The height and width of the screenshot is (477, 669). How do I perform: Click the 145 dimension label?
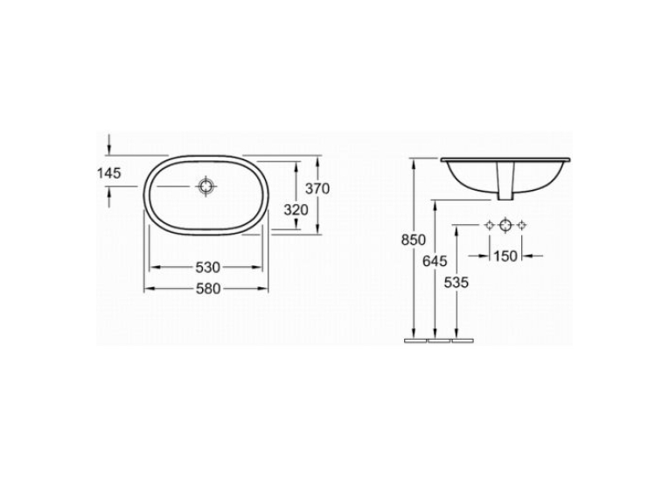[109, 173]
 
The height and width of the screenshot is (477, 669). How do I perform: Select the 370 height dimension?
[317, 188]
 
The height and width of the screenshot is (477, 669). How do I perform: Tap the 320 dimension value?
[296, 210]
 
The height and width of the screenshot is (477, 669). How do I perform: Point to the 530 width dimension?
[208, 268]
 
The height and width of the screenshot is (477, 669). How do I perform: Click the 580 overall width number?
[208, 289]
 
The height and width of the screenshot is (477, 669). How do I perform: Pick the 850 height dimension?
[414, 240]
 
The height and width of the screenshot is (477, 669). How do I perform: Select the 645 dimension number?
[435, 261]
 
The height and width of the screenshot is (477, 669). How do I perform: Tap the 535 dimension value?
[456, 283]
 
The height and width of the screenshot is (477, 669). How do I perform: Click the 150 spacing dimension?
[505, 256]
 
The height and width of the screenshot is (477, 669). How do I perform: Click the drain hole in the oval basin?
[206, 186]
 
